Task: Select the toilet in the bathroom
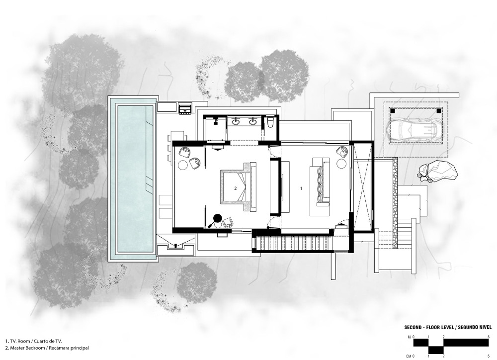click(x=270, y=122)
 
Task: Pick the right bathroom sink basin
click(x=252, y=121)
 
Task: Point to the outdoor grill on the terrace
click(x=185, y=108)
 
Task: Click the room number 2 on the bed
click(x=236, y=188)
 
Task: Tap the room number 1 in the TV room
click(x=301, y=188)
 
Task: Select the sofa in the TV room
click(x=320, y=182)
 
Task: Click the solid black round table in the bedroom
click(x=218, y=218)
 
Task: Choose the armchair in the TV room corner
click(x=342, y=151)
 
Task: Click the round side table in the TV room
click(x=341, y=164)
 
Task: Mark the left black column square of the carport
click(x=393, y=111)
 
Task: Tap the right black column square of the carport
click(x=439, y=111)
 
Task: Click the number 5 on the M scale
click(x=489, y=337)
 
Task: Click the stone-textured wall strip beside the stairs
click(x=395, y=203)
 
